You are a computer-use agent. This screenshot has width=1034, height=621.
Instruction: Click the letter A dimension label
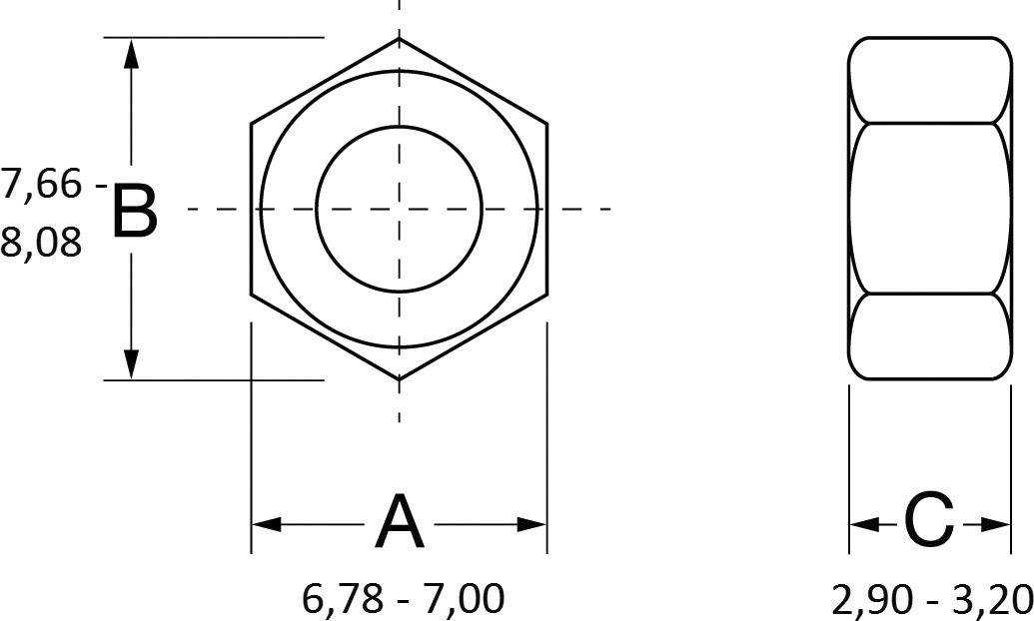(x=399, y=523)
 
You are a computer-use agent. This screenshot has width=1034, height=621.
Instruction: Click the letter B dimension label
(x=134, y=211)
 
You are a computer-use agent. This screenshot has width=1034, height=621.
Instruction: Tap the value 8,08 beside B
(x=41, y=242)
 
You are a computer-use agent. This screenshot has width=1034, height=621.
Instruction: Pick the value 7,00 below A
(x=462, y=599)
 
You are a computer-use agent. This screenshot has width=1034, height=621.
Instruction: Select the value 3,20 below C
(x=991, y=599)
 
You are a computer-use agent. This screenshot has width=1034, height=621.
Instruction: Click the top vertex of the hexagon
(x=400, y=39)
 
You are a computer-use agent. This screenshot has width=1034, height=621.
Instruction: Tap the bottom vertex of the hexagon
(x=400, y=379)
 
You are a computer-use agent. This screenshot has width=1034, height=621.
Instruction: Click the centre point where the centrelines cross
(x=400, y=209)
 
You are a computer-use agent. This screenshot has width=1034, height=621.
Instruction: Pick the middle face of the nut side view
(x=929, y=208)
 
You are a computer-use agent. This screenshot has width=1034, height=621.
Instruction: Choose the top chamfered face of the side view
(x=929, y=81)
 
